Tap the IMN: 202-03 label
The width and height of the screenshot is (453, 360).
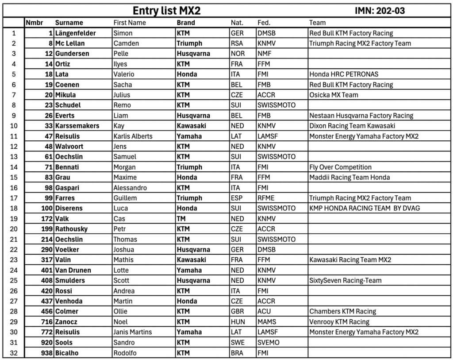[x=380, y=11]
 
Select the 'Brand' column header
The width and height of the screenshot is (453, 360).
[x=186, y=23]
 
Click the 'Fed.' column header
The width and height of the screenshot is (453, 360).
[x=264, y=23]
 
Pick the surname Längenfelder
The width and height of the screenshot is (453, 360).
[x=76, y=33]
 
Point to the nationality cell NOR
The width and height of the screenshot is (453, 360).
[x=238, y=54]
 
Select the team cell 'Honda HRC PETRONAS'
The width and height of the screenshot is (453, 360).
[x=344, y=74]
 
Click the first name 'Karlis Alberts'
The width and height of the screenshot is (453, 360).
[x=133, y=136]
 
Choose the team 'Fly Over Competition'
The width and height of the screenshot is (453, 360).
[x=340, y=167]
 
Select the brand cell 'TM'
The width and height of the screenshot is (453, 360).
[x=181, y=219]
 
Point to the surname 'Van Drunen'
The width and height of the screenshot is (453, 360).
[x=73, y=270]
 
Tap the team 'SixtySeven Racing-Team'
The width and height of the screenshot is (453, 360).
[x=345, y=280]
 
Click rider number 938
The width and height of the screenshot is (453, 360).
[x=46, y=353]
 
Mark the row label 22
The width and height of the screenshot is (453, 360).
[x=14, y=250]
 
